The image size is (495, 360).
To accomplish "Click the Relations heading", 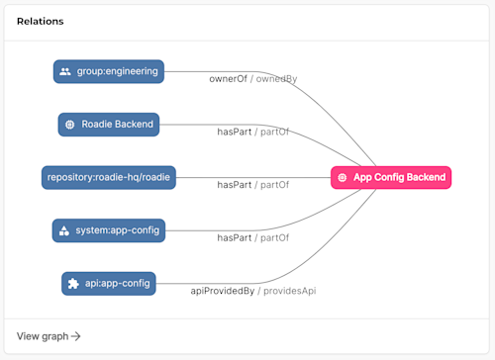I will pyautogui.click(x=40, y=21).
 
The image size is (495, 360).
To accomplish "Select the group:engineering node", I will pyautogui.click(x=109, y=71).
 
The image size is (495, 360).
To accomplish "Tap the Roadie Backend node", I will pyautogui.click(x=109, y=125).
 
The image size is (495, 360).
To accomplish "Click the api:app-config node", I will pyautogui.click(x=109, y=284).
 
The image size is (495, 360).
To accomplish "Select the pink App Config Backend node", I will pyautogui.click(x=390, y=178).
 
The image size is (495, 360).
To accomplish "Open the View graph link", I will pyautogui.click(x=43, y=336).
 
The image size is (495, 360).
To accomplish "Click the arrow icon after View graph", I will pyautogui.click(x=76, y=336).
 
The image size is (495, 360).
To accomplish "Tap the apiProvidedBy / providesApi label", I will pyautogui.click(x=253, y=291).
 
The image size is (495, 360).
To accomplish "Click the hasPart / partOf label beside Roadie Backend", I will pyautogui.click(x=253, y=132).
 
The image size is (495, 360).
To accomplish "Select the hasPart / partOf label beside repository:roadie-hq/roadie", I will pyautogui.click(x=253, y=185).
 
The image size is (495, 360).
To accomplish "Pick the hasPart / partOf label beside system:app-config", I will pyautogui.click(x=253, y=237).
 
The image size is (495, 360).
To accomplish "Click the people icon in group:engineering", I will pyautogui.click(x=65, y=71).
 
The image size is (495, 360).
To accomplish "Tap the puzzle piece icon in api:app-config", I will pyautogui.click(x=73, y=284).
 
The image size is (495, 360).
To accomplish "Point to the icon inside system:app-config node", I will pyautogui.click(x=64, y=230).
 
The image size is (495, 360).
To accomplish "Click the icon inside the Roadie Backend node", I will pyautogui.click(x=69, y=125).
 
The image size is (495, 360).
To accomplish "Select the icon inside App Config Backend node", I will pyautogui.click(x=343, y=178).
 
